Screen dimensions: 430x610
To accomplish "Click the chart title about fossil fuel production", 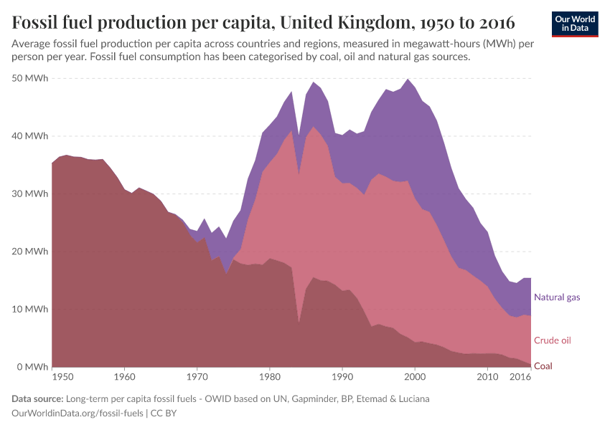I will pyautogui.click(x=263, y=22).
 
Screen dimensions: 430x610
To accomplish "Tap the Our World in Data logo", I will pyautogui.click(x=574, y=24).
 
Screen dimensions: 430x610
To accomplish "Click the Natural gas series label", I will pyautogui.click(x=557, y=297).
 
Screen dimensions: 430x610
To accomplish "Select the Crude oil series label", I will pyautogui.click(x=553, y=340).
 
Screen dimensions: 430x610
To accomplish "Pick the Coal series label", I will pyautogui.click(x=543, y=365).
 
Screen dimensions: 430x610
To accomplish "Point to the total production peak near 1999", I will pyautogui.click(x=408, y=80).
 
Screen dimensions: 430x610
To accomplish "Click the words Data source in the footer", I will pyautogui.click(x=36, y=398).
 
